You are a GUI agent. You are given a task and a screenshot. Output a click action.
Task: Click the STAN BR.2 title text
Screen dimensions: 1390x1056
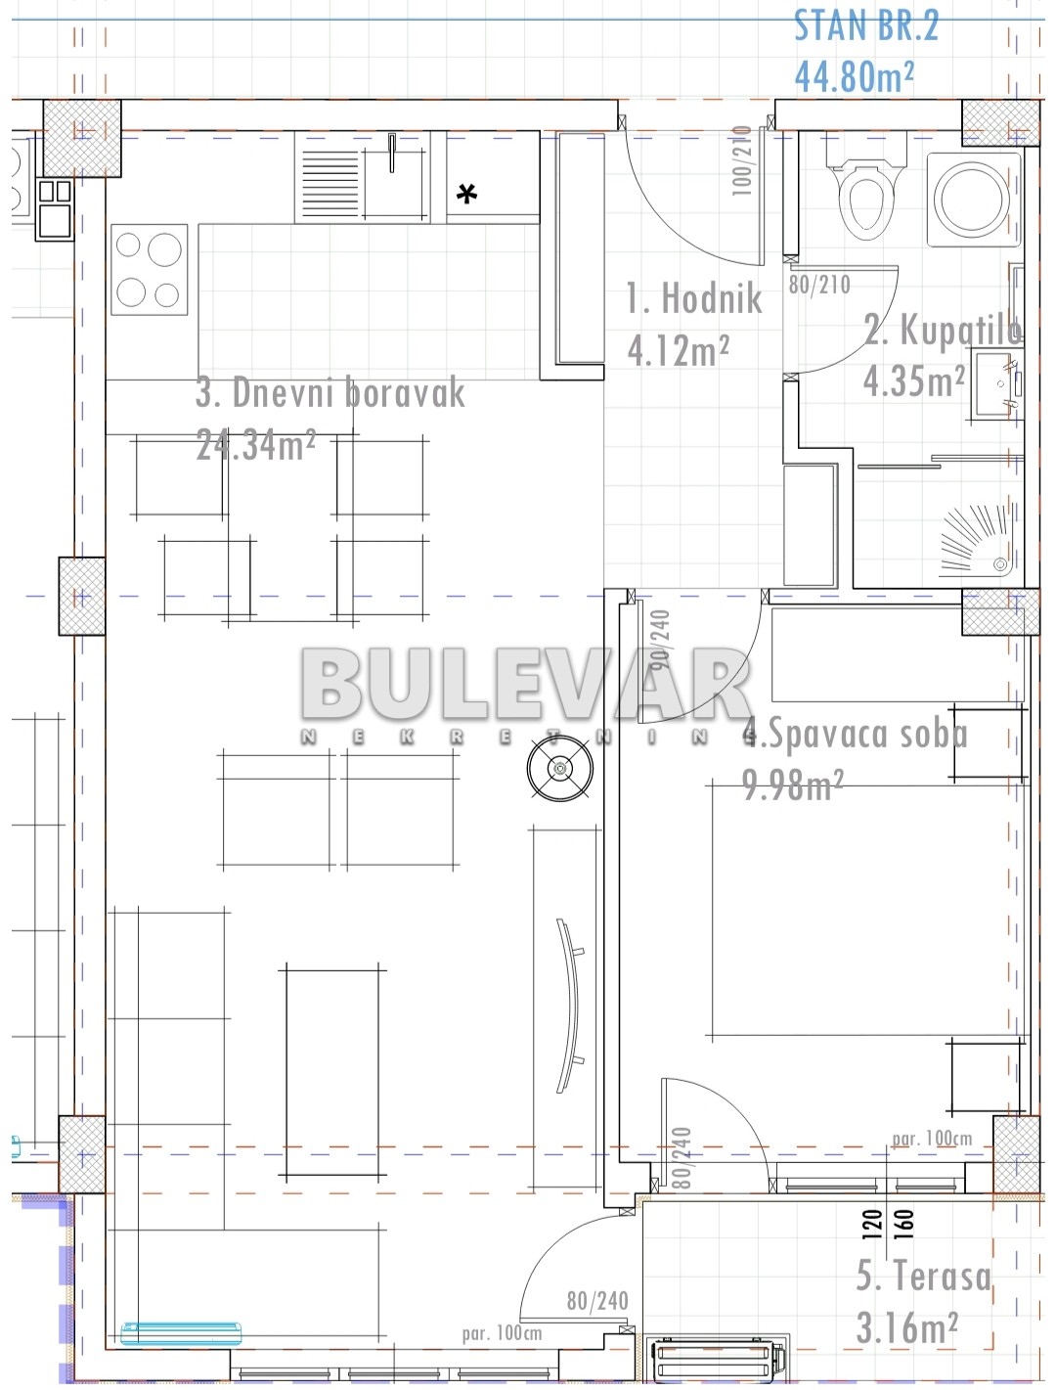[865, 26]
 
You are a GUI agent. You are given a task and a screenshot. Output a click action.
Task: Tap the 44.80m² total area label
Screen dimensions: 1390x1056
[854, 75]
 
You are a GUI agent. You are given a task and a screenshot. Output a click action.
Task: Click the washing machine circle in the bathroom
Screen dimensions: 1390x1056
[971, 200]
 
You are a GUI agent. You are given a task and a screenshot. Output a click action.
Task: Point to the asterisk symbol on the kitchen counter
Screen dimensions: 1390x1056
[467, 195]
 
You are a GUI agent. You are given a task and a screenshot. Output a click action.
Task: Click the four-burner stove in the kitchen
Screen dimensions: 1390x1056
[149, 269]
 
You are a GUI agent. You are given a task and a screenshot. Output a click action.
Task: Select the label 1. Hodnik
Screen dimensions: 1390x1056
[693, 298]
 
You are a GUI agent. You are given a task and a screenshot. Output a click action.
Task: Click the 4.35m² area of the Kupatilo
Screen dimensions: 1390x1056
[913, 381]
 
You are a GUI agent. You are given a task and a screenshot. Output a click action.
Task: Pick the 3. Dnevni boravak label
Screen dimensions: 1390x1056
[330, 393]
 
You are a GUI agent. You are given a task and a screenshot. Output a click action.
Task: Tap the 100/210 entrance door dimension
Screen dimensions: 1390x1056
[742, 160]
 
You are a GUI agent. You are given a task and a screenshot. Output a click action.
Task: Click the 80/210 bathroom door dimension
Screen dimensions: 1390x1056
[819, 285]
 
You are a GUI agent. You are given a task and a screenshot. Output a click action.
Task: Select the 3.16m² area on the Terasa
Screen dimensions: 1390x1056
[906, 1327]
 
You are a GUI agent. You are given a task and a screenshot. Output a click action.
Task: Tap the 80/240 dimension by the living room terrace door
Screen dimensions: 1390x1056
[596, 1301]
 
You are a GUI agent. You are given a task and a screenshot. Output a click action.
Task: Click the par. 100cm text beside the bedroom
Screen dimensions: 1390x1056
[931, 1139]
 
